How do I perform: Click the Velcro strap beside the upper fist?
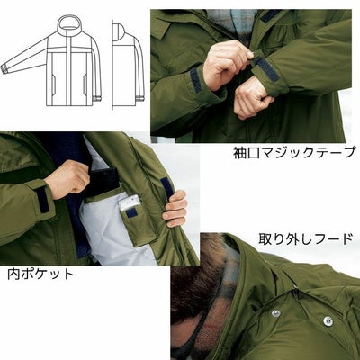tap(195, 79)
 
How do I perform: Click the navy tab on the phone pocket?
tap(132, 213)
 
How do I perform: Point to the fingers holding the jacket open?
tap(176, 209)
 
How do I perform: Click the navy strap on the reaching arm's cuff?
tap(40, 197)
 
